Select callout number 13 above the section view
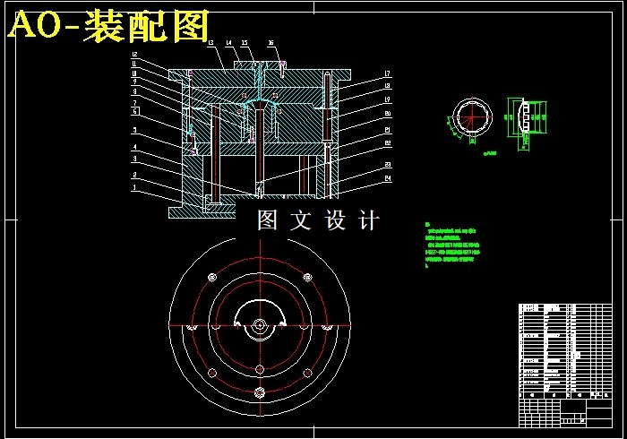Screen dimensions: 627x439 coord(209,43)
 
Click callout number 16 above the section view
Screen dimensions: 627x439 coord(271,43)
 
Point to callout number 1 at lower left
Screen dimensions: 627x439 coord(134,188)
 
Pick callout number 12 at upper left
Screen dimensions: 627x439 coord(134,56)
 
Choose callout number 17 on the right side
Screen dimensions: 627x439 coord(387,73)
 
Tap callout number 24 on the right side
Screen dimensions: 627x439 coord(388,177)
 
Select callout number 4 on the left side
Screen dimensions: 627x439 coord(134,147)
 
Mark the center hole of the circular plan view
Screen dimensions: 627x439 coord(258,326)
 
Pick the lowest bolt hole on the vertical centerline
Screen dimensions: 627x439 coord(258,392)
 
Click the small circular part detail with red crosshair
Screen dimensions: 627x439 coord(470,118)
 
